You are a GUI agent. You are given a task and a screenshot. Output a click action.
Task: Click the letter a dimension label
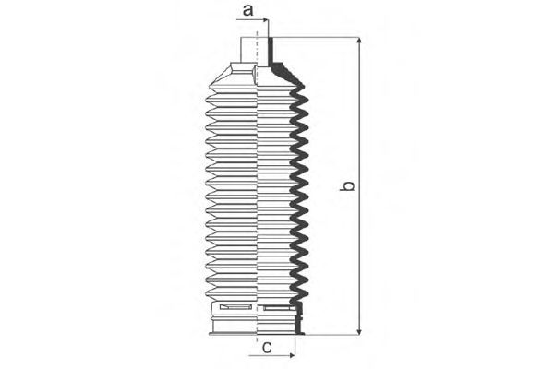248,10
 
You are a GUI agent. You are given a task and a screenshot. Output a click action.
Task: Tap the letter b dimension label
347,185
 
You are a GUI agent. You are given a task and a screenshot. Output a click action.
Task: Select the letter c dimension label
267,348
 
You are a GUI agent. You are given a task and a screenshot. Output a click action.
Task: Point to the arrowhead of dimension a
265,20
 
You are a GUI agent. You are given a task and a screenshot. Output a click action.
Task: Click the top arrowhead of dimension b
359,41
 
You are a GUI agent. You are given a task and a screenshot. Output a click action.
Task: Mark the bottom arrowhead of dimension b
359,331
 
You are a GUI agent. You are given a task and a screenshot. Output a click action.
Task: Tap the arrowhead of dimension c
292,355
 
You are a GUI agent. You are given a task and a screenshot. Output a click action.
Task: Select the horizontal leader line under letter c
271,355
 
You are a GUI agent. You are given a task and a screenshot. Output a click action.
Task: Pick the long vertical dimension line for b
359,186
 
